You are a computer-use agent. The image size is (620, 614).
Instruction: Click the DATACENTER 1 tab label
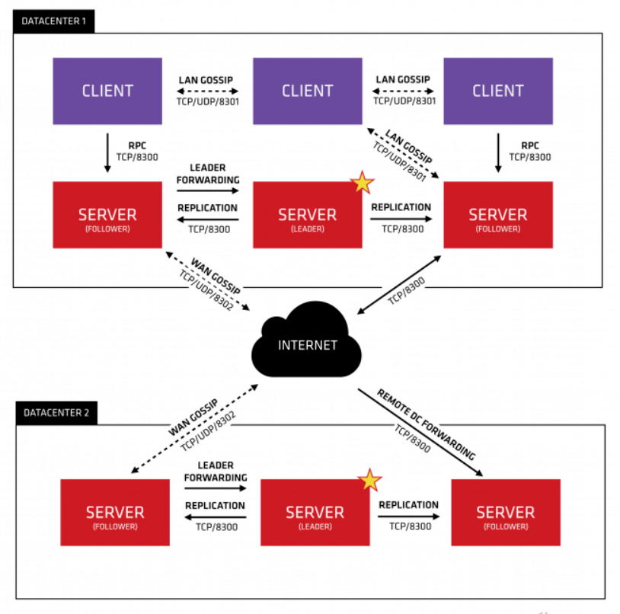click(53, 22)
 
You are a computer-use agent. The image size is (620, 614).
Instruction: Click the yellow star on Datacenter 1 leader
click(361, 183)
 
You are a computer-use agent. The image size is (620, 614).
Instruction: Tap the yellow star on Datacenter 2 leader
click(369, 480)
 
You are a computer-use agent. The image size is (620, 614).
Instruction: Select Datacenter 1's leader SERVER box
click(307, 215)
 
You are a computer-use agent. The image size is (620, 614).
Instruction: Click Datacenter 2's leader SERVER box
click(315, 512)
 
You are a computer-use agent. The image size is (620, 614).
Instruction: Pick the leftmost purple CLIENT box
click(107, 91)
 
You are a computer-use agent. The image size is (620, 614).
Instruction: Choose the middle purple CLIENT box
click(307, 91)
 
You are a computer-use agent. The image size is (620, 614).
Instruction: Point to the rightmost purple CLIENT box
click(497, 91)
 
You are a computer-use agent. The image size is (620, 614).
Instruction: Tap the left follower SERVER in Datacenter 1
click(107, 215)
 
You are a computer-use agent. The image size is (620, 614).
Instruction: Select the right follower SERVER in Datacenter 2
click(506, 512)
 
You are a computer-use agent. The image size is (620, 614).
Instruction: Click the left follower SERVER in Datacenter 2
click(115, 512)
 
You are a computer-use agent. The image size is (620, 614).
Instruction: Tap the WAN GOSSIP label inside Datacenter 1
click(212, 276)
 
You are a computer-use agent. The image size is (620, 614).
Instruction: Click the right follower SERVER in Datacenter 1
click(497, 215)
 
